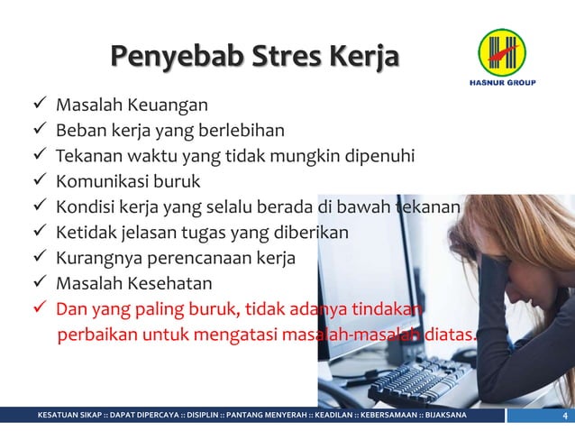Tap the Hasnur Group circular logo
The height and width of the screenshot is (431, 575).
click(x=502, y=51)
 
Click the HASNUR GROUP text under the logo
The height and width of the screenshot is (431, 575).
click(x=502, y=83)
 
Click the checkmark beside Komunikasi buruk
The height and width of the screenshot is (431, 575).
click(x=41, y=181)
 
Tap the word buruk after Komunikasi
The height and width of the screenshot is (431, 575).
click(x=178, y=181)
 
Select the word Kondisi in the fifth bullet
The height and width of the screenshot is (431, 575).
click(x=86, y=207)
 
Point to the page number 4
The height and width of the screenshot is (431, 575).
click(x=563, y=416)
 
